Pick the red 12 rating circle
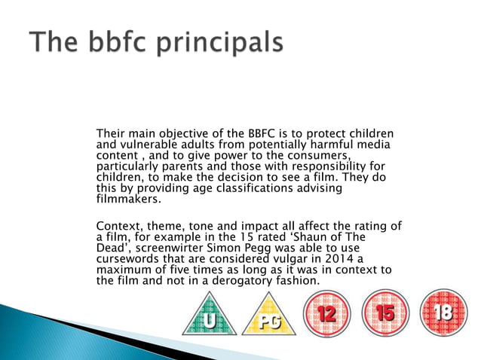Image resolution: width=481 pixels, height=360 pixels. (326, 312)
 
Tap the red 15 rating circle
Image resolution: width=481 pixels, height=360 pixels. (385, 312)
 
